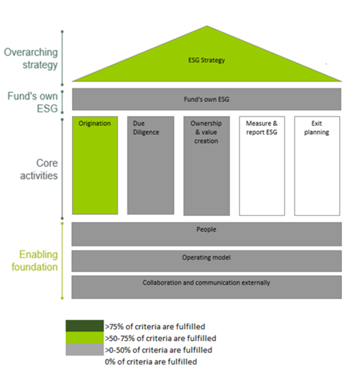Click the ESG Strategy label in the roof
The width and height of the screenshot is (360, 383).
coord(206,60)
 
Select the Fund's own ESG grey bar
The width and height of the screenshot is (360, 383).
coord(206,99)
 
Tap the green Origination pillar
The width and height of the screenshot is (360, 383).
coord(95,165)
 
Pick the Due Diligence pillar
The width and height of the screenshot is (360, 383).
coord(151,165)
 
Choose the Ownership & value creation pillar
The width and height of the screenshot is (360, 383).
coord(206,166)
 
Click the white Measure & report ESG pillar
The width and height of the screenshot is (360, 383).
coord(262,166)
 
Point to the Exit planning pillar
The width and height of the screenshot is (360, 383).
coord(317,166)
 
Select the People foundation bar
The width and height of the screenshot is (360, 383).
coord(206,234)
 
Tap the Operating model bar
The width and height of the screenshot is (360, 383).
coord(206,261)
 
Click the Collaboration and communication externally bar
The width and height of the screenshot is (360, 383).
coord(206,287)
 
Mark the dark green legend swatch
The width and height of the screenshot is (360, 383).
coord(85,326)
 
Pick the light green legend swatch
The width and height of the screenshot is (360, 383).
coord(85,337)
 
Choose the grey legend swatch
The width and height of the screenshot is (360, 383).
coord(85,349)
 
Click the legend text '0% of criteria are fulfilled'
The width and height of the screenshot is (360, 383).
coord(151,361)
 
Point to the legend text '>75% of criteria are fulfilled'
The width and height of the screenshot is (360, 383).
coord(155,327)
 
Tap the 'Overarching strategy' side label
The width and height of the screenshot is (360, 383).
coord(31,58)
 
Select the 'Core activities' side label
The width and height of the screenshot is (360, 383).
coord(39,169)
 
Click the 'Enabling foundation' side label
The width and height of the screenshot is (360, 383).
coord(34,261)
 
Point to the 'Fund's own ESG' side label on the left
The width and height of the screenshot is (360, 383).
coord(33,103)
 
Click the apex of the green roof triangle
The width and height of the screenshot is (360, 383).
coord(207,25)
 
